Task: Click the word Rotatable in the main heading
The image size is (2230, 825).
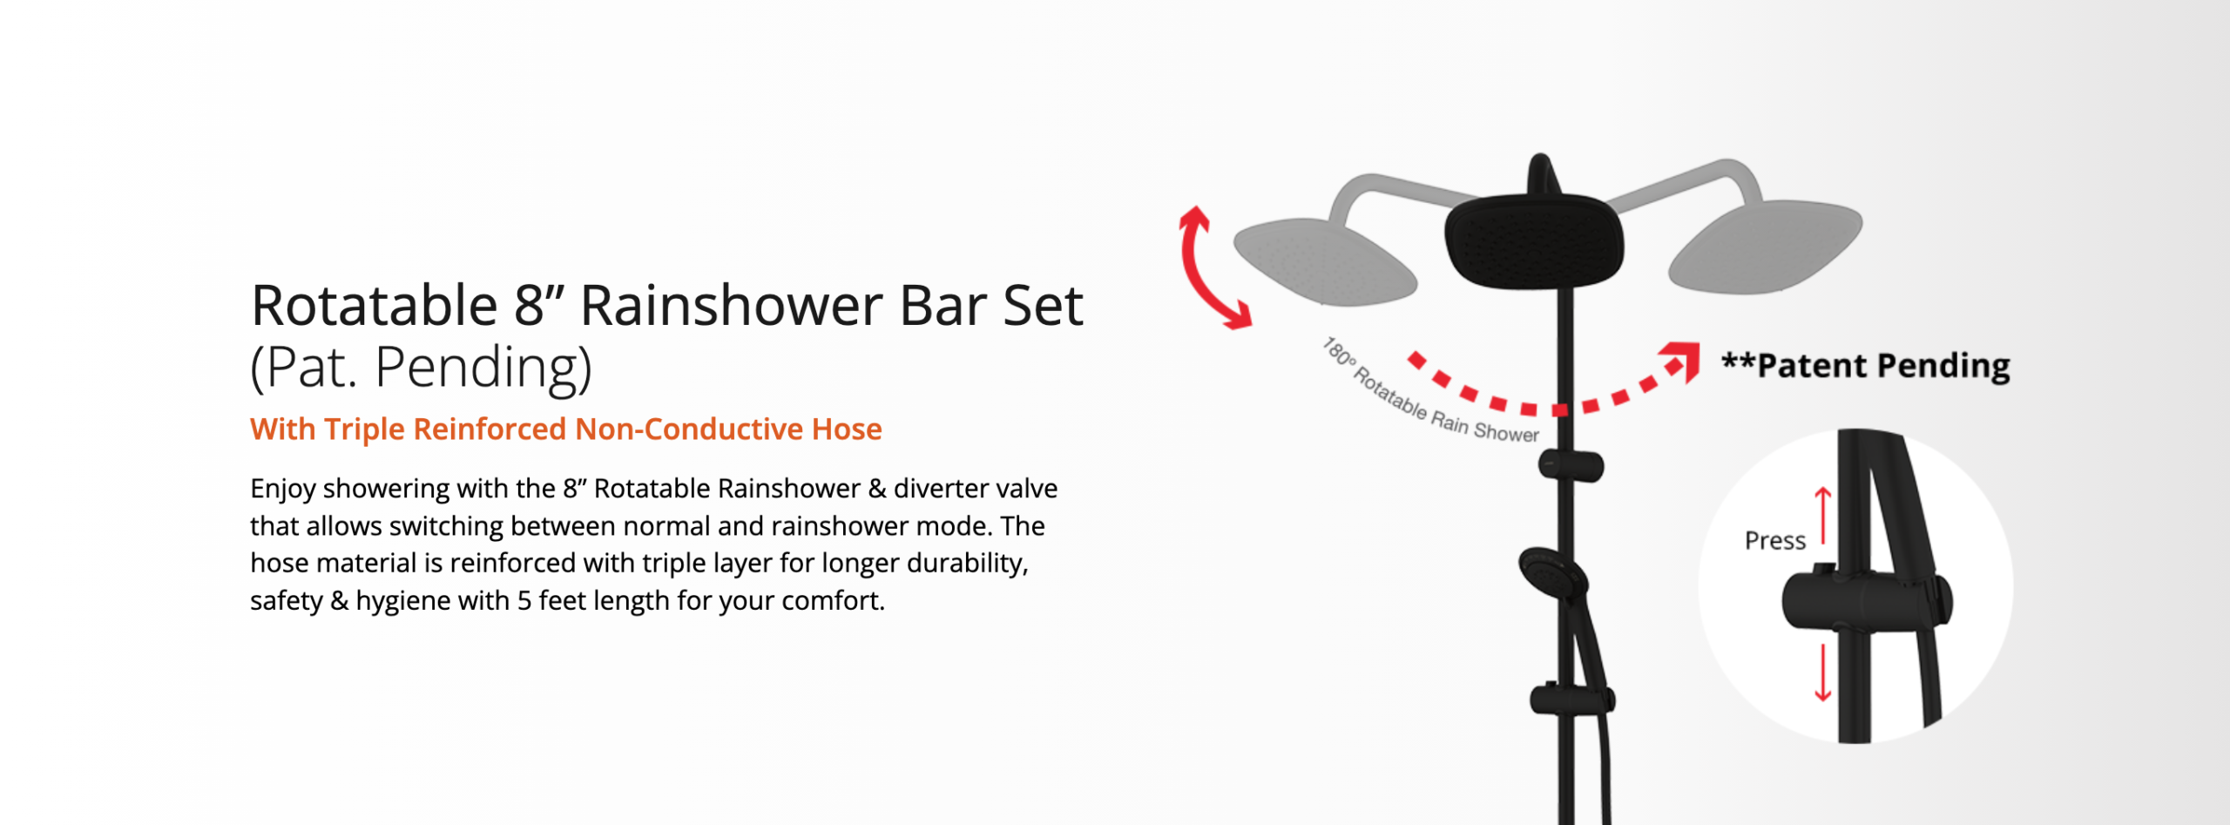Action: pos(375,306)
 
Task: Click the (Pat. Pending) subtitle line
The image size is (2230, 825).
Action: pos(421,367)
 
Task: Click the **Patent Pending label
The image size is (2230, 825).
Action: pos(1866,365)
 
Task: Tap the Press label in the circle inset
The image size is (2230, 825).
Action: pos(1775,541)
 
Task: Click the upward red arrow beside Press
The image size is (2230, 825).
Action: pos(1822,516)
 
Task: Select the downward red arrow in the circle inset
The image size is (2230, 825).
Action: pos(1822,673)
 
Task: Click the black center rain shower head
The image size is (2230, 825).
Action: pos(1534,240)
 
